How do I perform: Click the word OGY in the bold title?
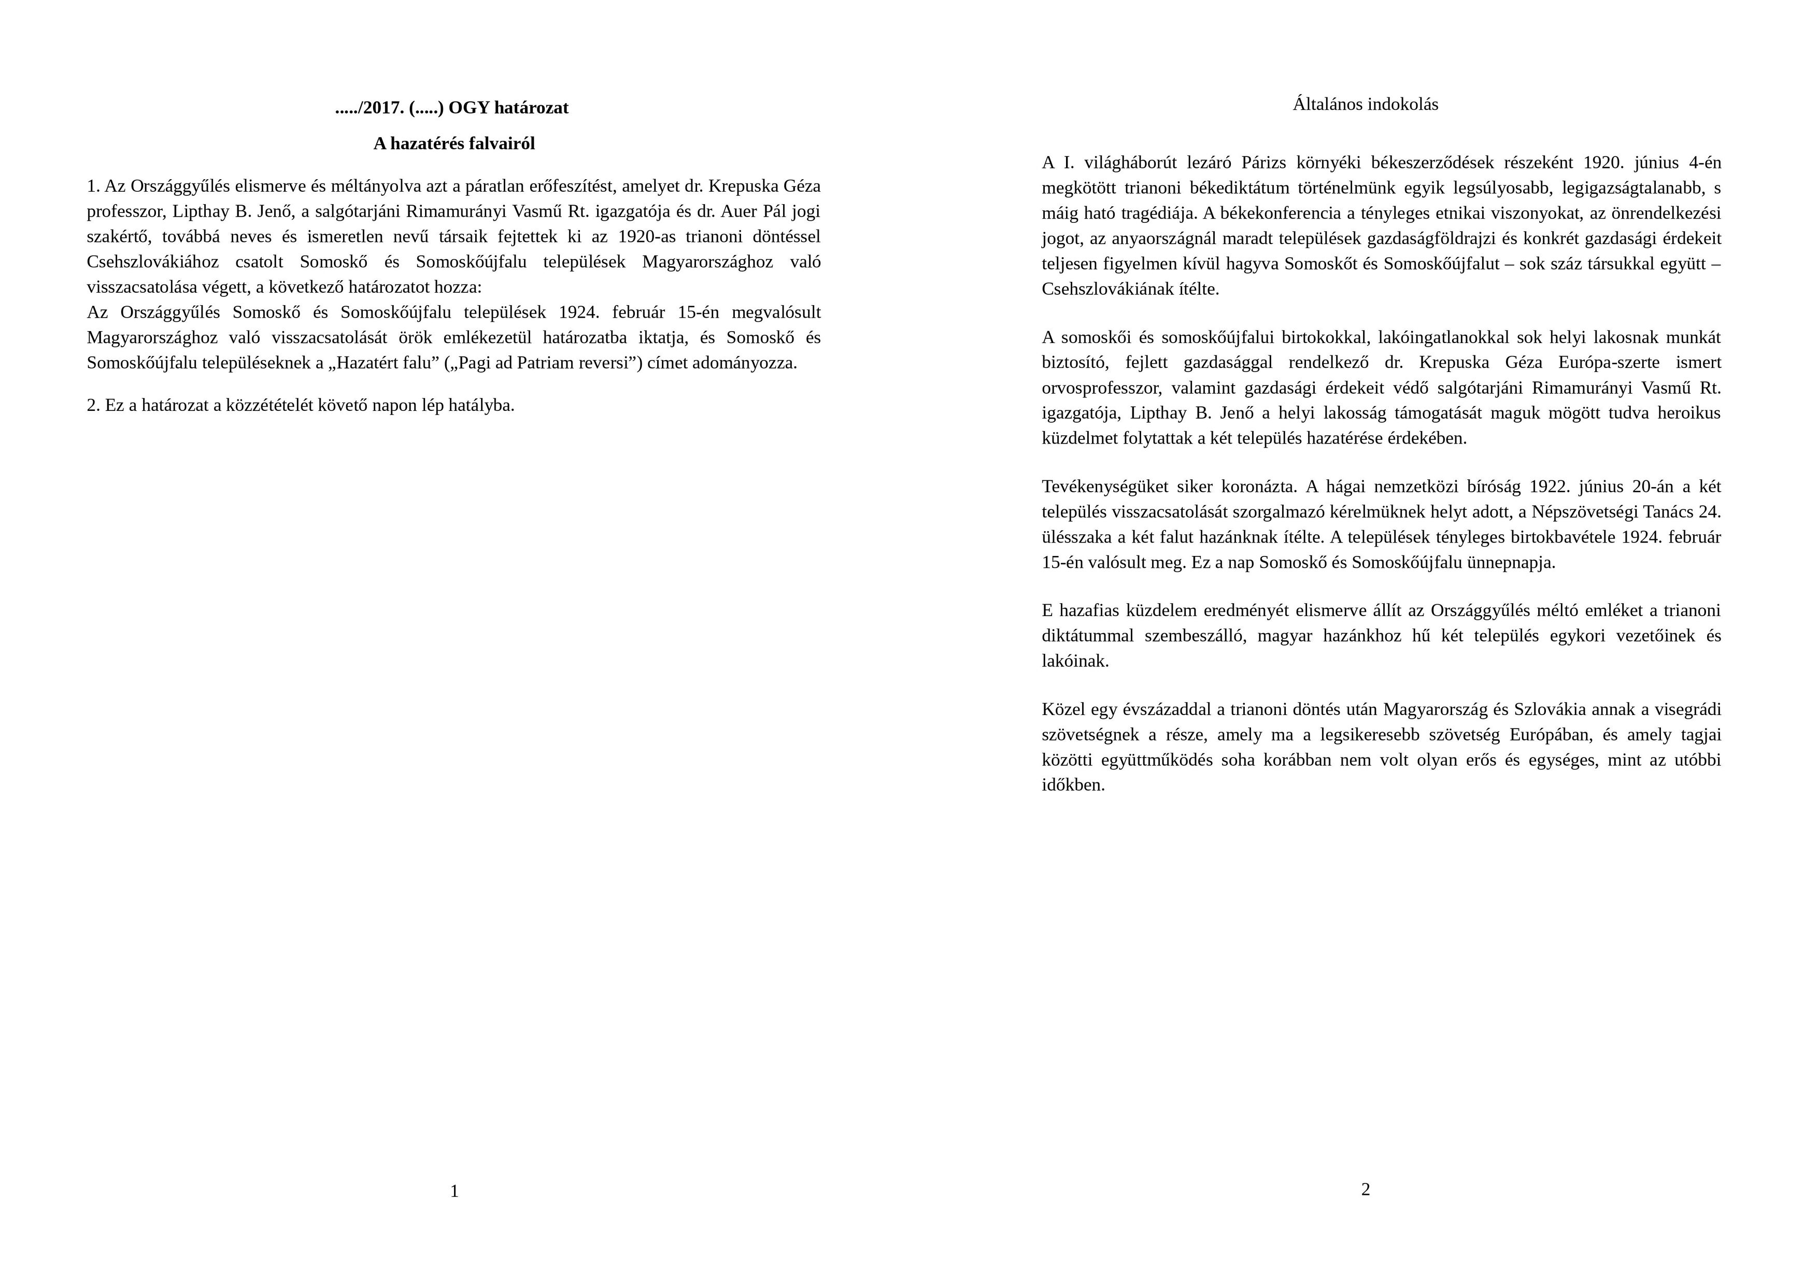(468, 108)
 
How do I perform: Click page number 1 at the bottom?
(454, 1191)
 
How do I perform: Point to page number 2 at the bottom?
(1365, 1189)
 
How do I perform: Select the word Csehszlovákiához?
(153, 262)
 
